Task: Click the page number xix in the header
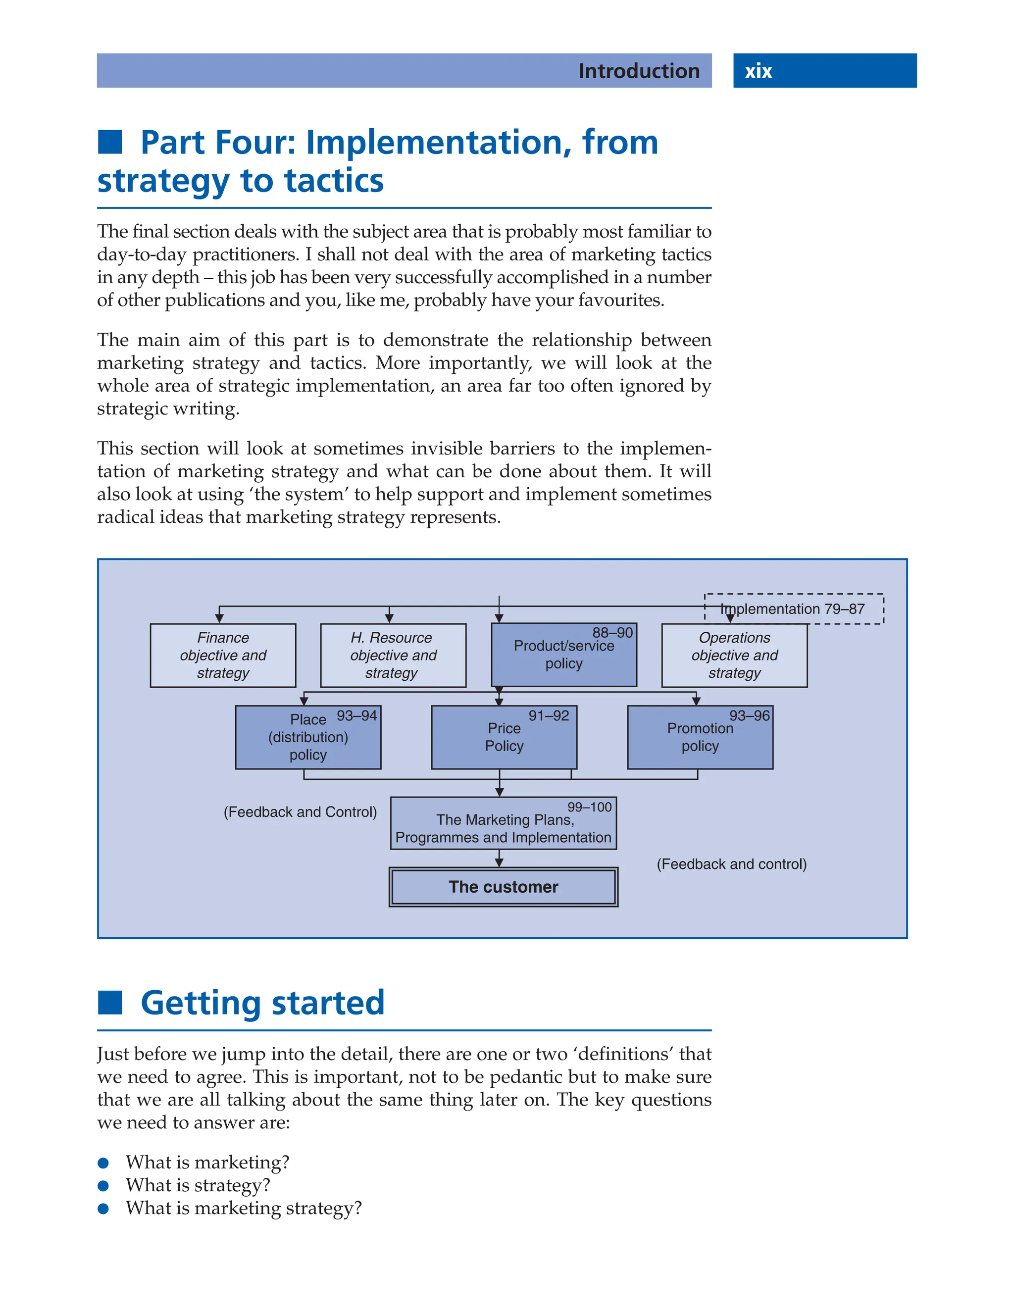pos(758,71)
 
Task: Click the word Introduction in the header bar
pos(639,71)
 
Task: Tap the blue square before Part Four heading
pos(110,142)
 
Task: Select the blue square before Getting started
pos(110,1003)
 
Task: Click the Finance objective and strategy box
pos(223,655)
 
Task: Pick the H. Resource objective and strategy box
pos(393,655)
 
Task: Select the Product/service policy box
pos(563,655)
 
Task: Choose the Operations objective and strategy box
pos(734,655)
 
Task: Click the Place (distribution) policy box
pos(308,737)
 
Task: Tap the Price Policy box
pos(504,737)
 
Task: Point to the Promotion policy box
pos(700,737)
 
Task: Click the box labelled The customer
pos(503,887)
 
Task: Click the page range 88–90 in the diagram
pos(612,632)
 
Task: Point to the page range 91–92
pos(548,715)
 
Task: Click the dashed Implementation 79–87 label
pos(793,608)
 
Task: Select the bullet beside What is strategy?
pos(103,1186)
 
